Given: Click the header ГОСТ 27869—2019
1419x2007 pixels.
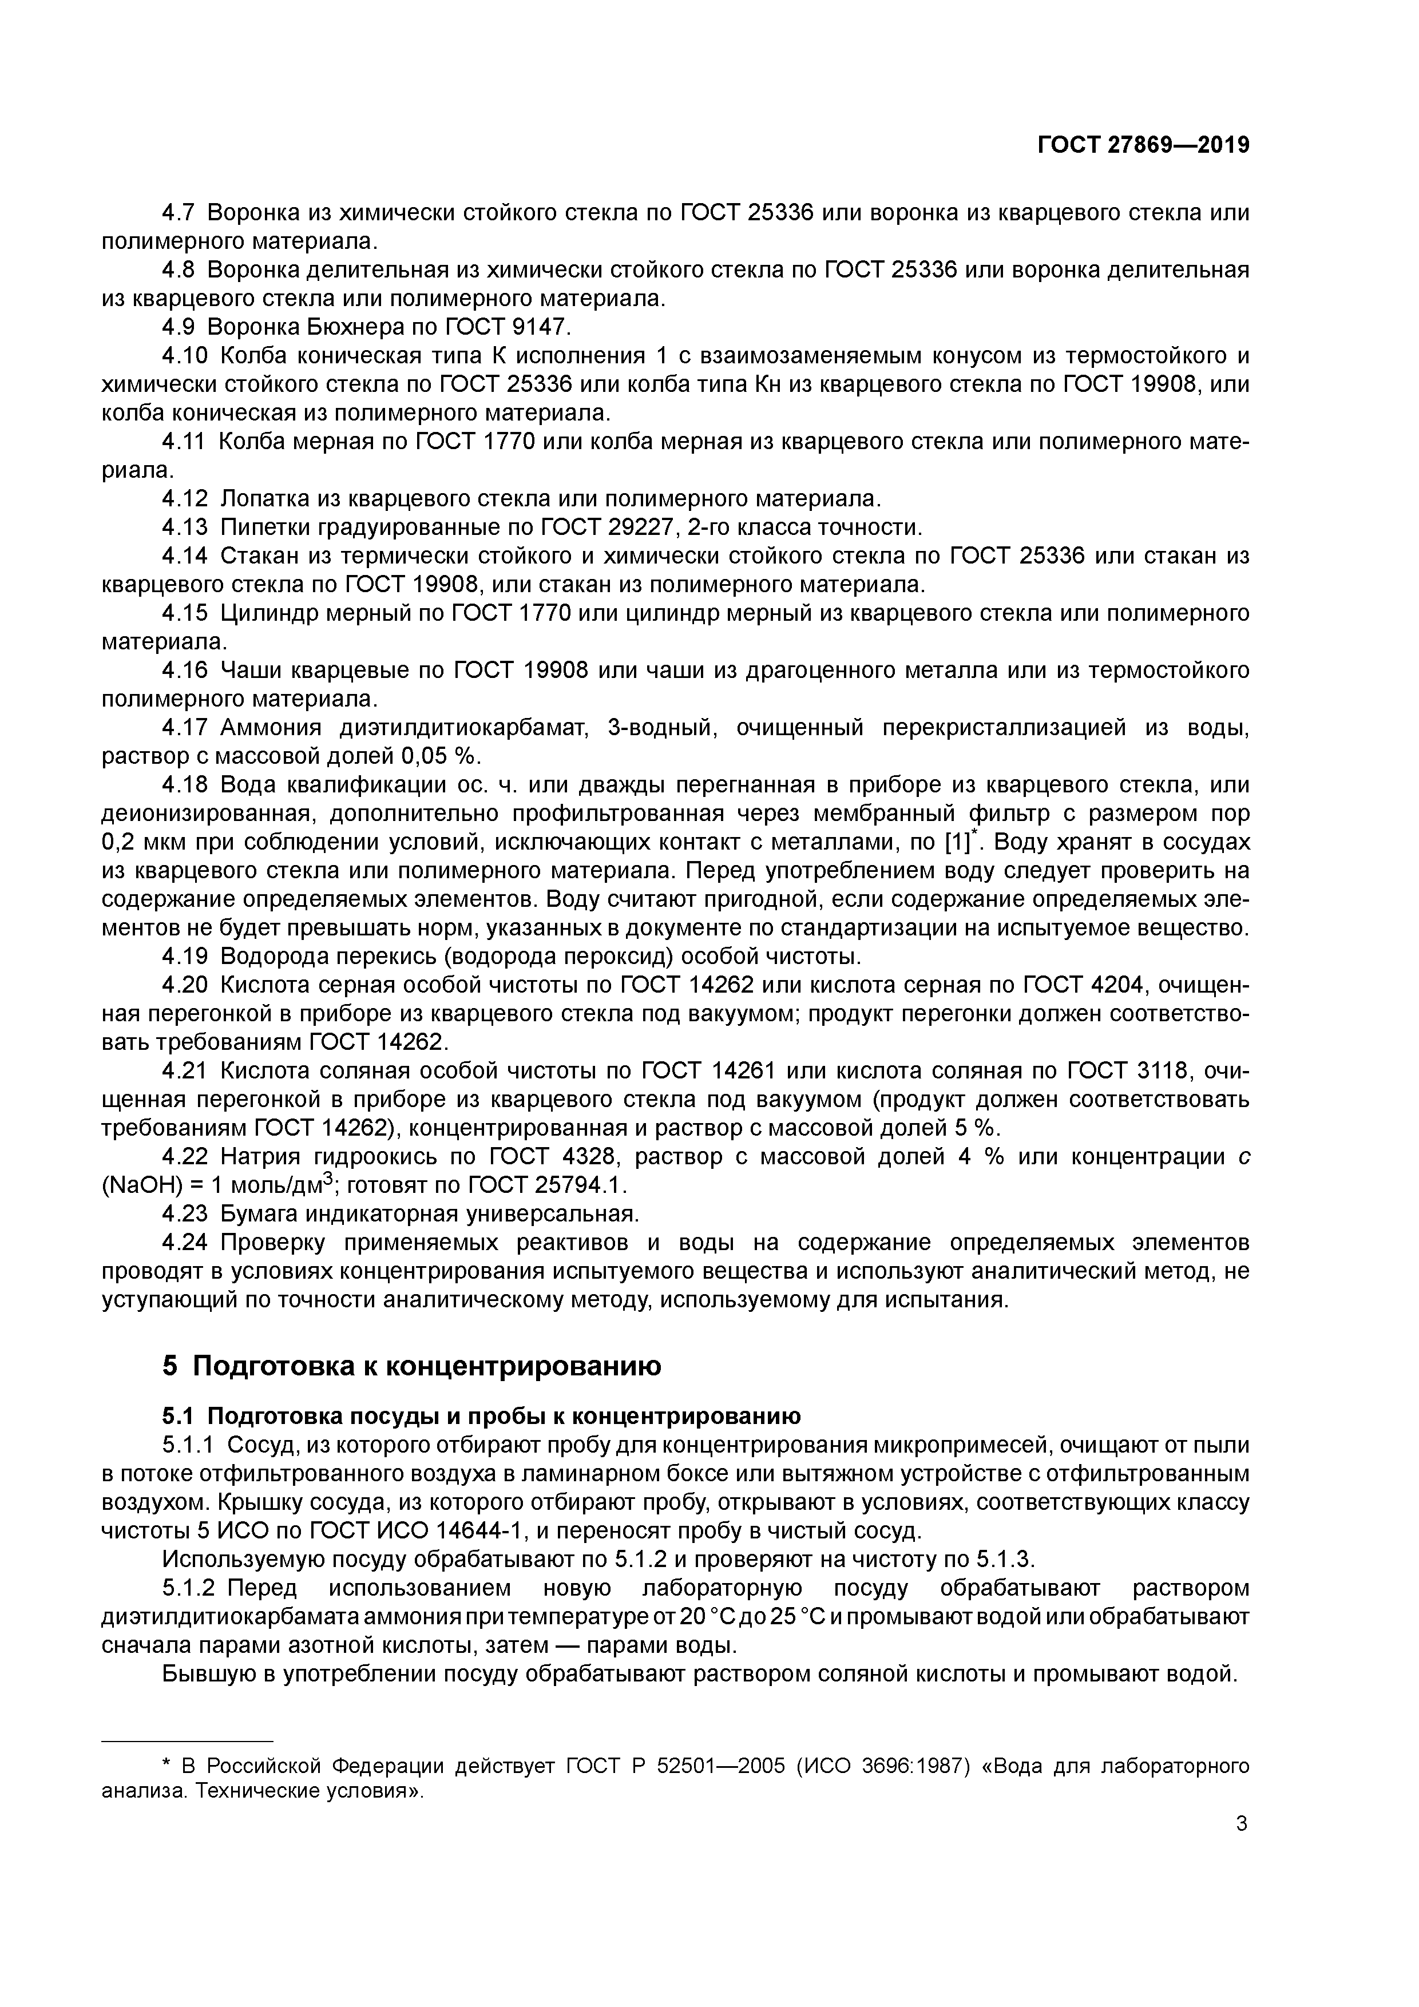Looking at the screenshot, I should coord(1143,145).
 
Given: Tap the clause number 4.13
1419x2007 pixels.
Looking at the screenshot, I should coord(185,527).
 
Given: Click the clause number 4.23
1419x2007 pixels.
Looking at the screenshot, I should coord(185,1214).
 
